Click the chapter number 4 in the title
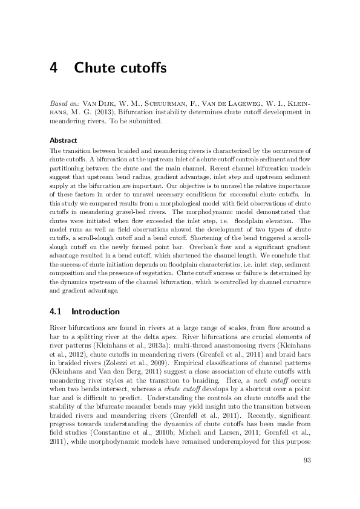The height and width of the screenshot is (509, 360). (x=54, y=68)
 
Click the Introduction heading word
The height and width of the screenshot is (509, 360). (x=96, y=312)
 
